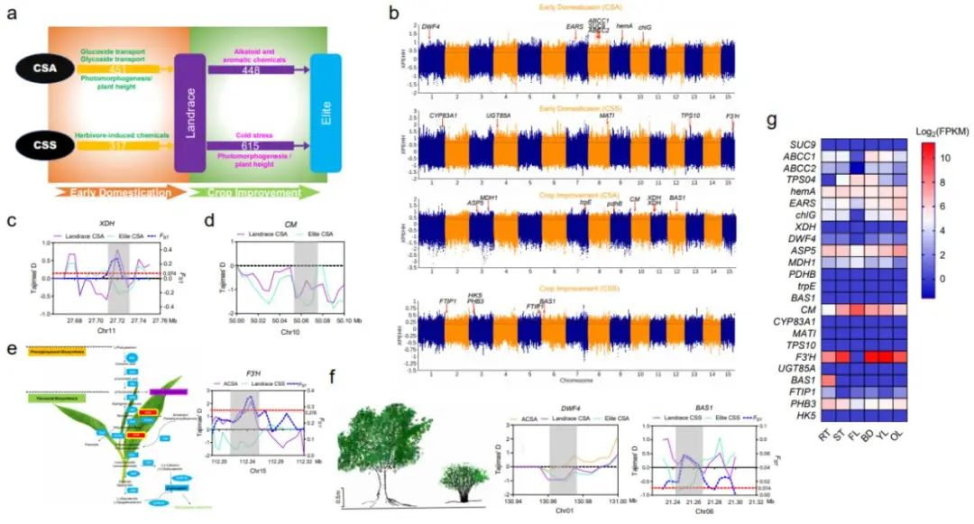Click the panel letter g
(772, 122)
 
